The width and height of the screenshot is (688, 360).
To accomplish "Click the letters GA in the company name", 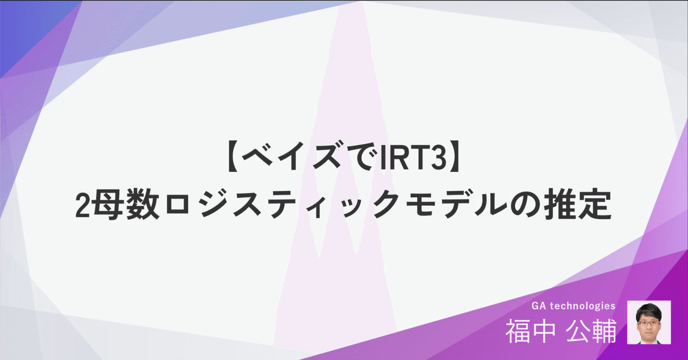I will point(539,306).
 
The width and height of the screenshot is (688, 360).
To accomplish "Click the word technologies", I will point(583,306).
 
